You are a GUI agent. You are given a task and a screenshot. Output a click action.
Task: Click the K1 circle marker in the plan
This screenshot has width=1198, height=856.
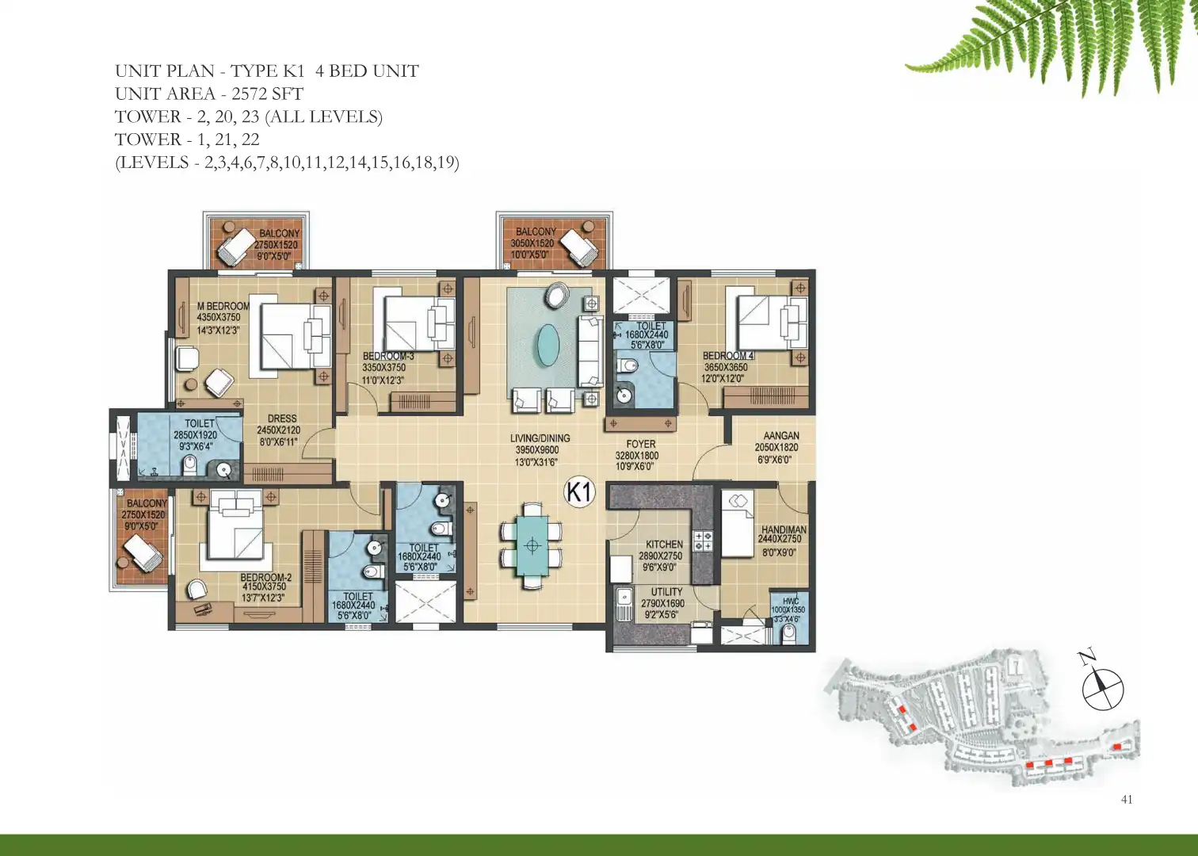pos(580,491)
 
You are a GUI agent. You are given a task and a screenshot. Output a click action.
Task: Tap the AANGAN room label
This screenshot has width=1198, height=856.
pos(781,436)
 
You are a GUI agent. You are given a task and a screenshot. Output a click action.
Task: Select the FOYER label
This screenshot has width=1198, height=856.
pos(641,444)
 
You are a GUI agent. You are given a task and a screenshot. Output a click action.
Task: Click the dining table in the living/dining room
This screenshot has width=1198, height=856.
pos(532,545)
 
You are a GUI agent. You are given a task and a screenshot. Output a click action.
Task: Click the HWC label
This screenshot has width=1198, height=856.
pos(791,602)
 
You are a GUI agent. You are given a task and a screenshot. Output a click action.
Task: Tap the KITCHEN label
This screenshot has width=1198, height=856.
pos(664,545)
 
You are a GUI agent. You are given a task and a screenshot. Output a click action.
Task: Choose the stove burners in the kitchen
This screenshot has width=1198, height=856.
pos(703,541)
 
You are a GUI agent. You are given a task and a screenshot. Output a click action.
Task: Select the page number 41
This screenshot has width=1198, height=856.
pos(1127,799)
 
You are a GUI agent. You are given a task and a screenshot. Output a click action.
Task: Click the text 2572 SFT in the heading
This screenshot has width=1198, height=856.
pos(268,94)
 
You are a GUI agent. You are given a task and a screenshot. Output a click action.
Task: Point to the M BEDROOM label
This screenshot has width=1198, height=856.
pos(223,307)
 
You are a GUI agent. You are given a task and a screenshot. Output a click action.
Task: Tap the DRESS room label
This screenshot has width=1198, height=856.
pos(282,419)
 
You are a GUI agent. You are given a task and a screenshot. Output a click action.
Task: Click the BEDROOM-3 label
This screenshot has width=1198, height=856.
pos(388,357)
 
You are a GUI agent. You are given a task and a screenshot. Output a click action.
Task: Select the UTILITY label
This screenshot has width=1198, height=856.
pos(666,592)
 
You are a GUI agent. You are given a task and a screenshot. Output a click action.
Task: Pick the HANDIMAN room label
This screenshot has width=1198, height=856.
pos(784,529)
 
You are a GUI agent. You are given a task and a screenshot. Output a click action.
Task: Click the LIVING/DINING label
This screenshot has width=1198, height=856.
pos(540,438)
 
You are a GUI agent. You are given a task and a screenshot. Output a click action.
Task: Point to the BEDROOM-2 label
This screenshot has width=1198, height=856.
pos(265,578)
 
